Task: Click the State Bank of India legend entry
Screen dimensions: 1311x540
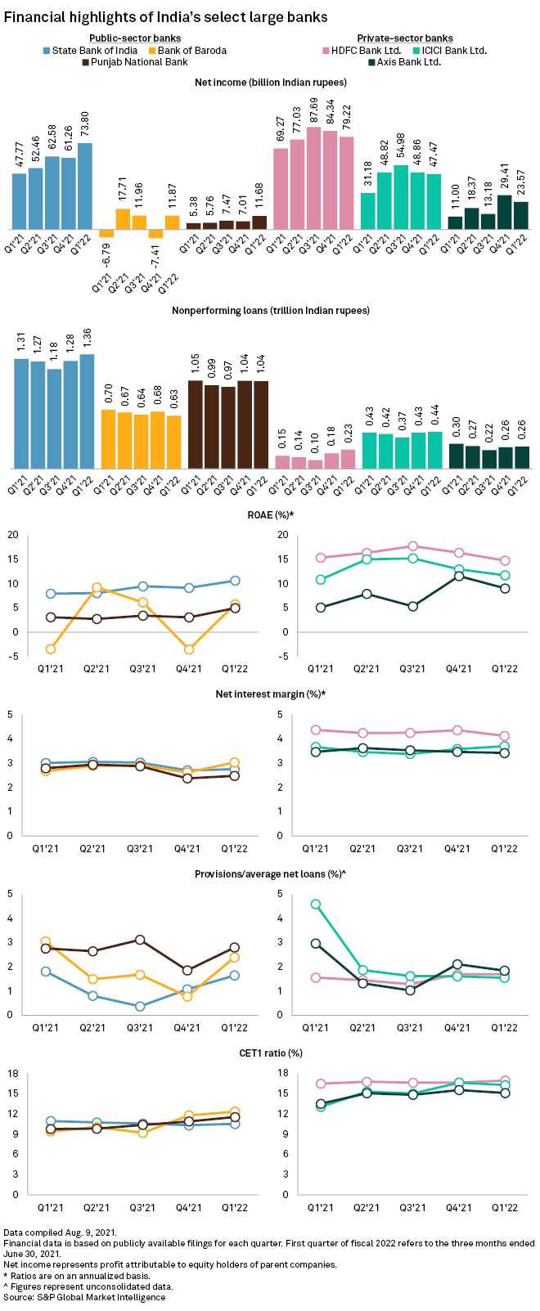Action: (x=90, y=51)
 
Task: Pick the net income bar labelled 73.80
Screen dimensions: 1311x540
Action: (x=85, y=186)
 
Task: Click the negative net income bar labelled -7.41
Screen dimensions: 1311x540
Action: (x=155, y=234)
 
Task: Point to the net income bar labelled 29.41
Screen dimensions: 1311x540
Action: (x=505, y=212)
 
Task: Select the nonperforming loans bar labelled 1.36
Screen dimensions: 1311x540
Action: (x=87, y=411)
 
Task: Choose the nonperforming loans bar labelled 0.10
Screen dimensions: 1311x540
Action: (x=315, y=464)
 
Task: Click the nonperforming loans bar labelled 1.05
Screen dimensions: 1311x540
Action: (x=196, y=424)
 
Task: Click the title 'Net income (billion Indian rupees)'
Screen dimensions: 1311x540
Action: (x=270, y=83)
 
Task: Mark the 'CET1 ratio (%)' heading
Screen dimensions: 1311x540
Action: (x=270, y=1053)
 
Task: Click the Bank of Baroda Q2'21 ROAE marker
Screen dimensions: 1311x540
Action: (x=97, y=588)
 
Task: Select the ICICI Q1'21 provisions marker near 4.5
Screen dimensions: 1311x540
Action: (x=316, y=905)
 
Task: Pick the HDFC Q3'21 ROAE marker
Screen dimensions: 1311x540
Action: (x=412, y=546)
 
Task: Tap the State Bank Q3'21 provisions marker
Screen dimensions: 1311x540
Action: (x=140, y=1007)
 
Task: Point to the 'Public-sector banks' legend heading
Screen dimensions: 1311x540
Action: (x=135, y=38)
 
